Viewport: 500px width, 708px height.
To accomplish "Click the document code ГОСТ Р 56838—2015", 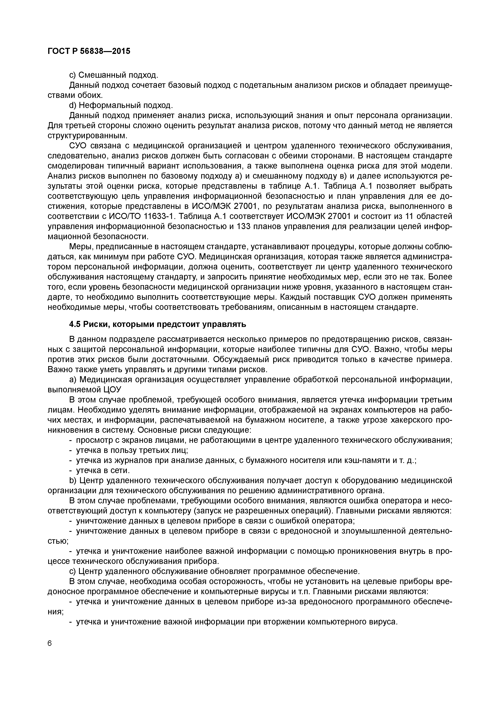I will [89, 51].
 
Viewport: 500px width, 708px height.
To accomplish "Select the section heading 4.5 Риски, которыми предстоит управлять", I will [157, 324].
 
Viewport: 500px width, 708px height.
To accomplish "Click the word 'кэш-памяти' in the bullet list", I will [360, 460].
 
